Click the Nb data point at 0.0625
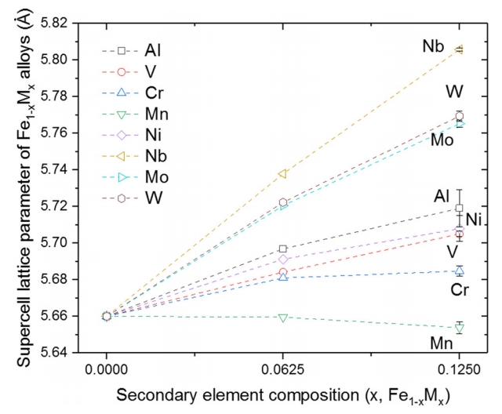click(x=283, y=173)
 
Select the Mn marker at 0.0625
click(x=283, y=317)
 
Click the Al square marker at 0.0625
click(x=283, y=249)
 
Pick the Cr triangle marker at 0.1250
click(x=460, y=271)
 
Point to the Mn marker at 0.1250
click(x=460, y=328)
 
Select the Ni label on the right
click(x=474, y=219)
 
